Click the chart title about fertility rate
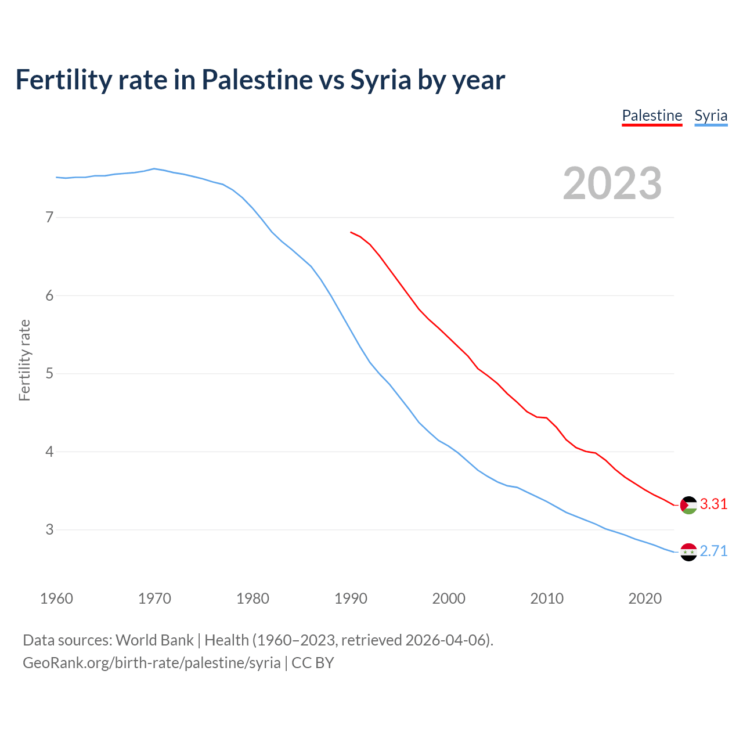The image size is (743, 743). pyautogui.click(x=260, y=80)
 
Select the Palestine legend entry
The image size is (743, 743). pyautogui.click(x=652, y=116)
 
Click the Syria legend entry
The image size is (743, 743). pyautogui.click(x=710, y=116)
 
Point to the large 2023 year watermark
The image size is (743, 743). pyautogui.click(x=612, y=183)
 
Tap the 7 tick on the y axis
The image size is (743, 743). pyautogui.click(x=49, y=218)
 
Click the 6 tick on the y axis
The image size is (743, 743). pyautogui.click(x=49, y=295)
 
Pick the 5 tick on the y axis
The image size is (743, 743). pyautogui.click(x=49, y=374)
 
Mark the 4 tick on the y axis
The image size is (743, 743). pyautogui.click(x=49, y=452)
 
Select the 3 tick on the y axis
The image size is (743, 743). pyautogui.click(x=49, y=530)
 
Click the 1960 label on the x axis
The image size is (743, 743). pyautogui.click(x=56, y=598)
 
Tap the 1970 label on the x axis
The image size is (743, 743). pyautogui.click(x=154, y=598)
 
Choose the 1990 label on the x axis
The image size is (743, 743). pyautogui.click(x=351, y=598)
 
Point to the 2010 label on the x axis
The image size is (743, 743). pyautogui.click(x=547, y=598)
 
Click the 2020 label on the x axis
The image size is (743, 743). pyautogui.click(x=645, y=598)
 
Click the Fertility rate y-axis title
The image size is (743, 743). pyautogui.click(x=24, y=360)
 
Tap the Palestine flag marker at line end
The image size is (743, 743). pyautogui.click(x=688, y=505)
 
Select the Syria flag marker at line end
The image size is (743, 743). pyautogui.click(x=688, y=552)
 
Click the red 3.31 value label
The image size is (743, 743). pyautogui.click(x=713, y=504)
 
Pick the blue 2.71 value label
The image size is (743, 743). pyautogui.click(x=713, y=551)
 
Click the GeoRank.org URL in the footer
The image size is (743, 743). pyautogui.click(x=152, y=663)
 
